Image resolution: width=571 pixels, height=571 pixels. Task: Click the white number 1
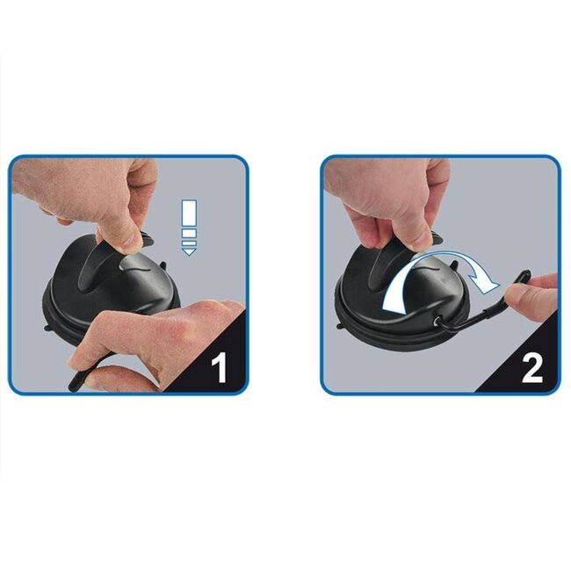pyautogui.click(x=219, y=367)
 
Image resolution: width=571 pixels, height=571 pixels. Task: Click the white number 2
pyautogui.click(x=531, y=367)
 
